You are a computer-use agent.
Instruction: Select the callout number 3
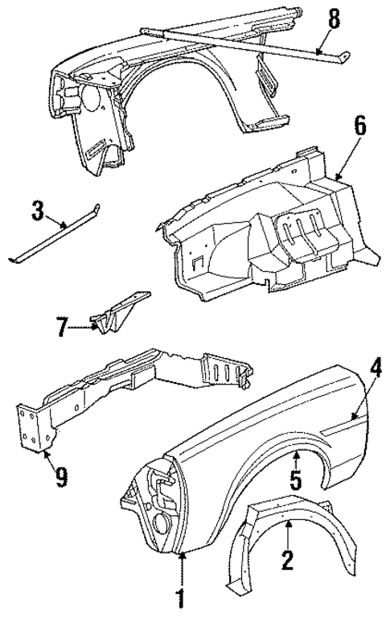tap(37, 212)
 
